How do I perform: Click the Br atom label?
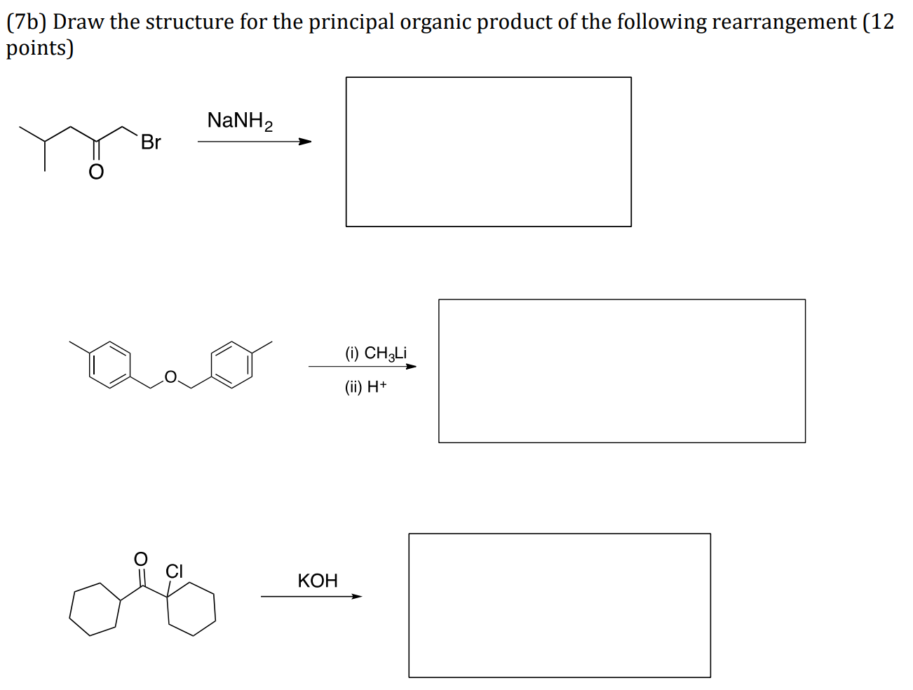151,142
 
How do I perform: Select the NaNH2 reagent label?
240,121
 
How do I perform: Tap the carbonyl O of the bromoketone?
96,172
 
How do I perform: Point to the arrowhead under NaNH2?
305,142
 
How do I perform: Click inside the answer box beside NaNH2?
488,151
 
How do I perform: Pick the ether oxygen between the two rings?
170,377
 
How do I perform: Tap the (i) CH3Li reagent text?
376,353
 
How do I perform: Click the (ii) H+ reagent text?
365,386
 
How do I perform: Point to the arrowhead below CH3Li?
411,366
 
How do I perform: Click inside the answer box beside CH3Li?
621,371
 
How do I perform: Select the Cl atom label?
174,571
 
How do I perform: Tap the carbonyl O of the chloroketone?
141,559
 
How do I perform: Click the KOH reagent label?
317,581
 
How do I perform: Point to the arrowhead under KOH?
357,597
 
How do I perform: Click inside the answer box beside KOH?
559,605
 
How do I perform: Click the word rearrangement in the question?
784,22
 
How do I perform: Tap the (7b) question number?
27,22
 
